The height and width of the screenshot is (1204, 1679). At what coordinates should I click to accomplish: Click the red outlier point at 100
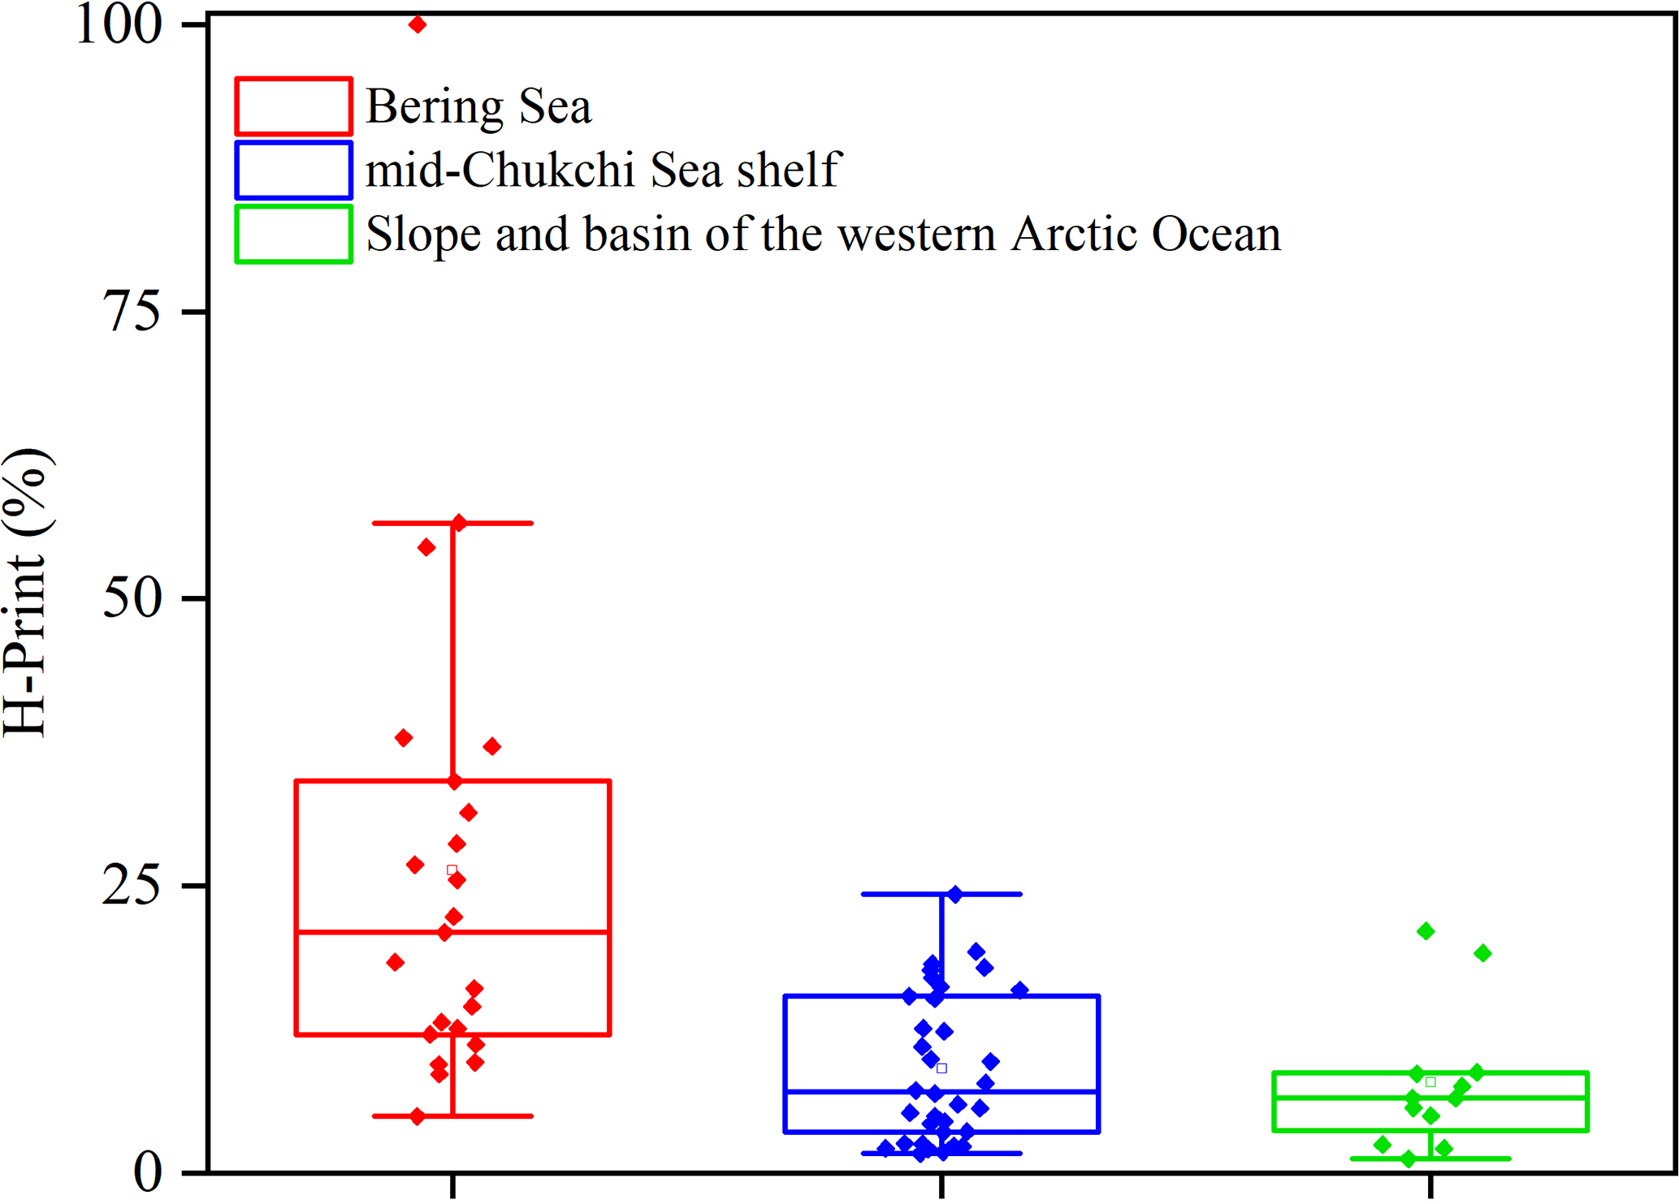click(x=418, y=25)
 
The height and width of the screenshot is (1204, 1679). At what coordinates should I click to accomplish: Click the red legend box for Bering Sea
click(x=293, y=106)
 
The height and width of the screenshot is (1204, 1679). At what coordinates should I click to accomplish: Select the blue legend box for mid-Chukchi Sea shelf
click(x=293, y=170)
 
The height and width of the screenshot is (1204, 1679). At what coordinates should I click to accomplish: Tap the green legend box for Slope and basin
click(x=293, y=235)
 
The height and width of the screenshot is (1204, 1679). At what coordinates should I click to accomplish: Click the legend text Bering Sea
click(x=478, y=107)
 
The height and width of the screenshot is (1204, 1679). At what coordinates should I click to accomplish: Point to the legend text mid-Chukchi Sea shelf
click(x=603, y=170)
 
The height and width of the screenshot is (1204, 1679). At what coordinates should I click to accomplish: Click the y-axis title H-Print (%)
click(x=28, y=593)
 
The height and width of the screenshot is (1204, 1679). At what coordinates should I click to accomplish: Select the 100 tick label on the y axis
click(x=118, y=25)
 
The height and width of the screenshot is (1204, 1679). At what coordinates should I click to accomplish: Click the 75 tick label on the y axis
click(x=132, y=312)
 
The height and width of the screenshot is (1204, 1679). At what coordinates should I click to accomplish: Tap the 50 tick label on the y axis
click(x=132, y=598)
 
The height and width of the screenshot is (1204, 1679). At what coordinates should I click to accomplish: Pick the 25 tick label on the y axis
click(x=132, y=885)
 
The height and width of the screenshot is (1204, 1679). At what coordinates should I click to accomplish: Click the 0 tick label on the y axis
click(x=148, y=1172)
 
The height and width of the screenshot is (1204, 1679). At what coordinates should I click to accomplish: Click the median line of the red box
click(x=452, y=932)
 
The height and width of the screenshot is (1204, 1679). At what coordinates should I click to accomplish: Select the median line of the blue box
click(x=941, y=1091)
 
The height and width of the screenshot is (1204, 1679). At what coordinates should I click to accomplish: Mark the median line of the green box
click(x=1430, y=1097)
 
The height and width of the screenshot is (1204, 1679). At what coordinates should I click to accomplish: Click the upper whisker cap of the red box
click(x=452, y=524)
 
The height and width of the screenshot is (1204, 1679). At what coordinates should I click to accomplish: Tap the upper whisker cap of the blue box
click(x=941, y=894)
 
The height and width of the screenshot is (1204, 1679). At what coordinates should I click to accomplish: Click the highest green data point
click(x=1426, y=931)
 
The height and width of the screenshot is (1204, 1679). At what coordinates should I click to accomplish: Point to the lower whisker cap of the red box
click(x=452, y=1116)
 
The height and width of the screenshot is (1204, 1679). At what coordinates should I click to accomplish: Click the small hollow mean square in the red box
click(x=452, y=870)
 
